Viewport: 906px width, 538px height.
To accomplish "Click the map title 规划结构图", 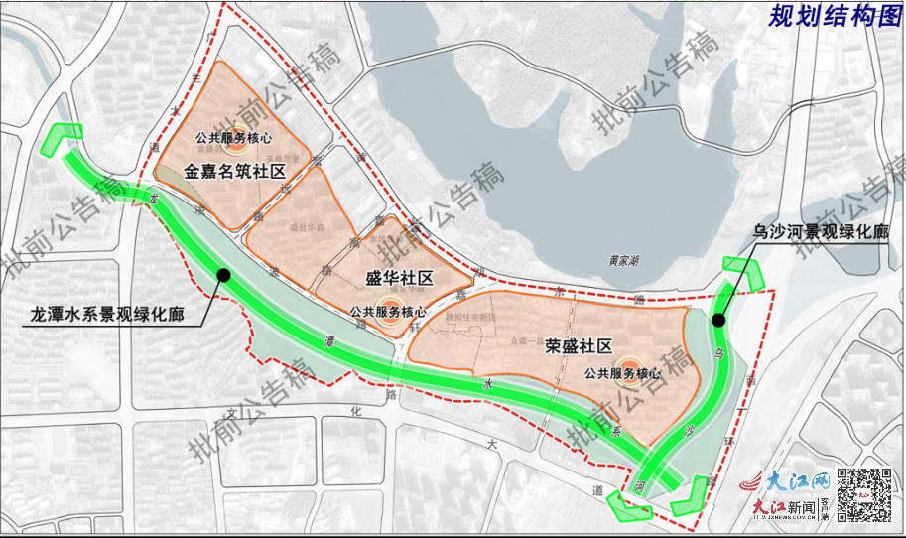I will tap(834, 16).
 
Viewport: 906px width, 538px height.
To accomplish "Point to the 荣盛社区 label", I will tap(579, 346).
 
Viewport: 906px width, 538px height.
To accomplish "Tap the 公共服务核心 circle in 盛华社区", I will tap(388, 308).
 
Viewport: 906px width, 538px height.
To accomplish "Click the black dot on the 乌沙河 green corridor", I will tap(717, 320).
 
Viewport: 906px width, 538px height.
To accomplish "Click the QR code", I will tap(861, 491).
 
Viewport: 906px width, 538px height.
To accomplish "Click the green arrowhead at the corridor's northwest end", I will tap(62, 140).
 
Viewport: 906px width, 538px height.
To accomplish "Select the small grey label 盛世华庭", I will tap(304, 227).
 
